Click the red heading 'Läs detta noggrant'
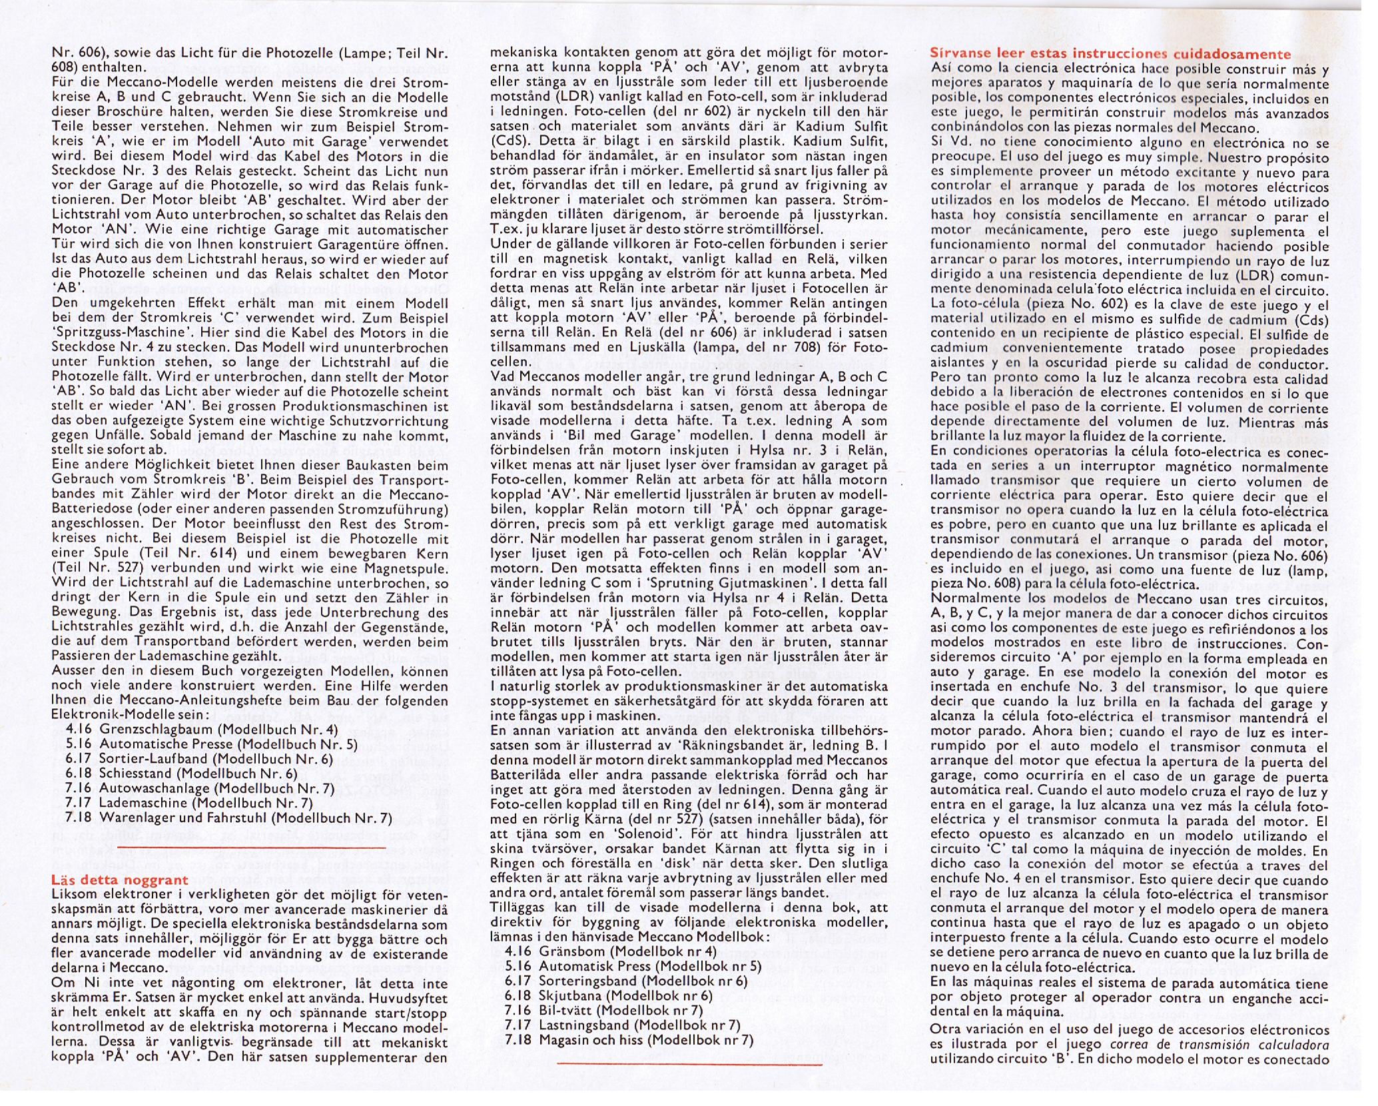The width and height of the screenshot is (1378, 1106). click(x=120, y=879)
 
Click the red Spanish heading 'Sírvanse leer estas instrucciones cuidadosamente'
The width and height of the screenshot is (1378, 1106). click(x=1110, y=54)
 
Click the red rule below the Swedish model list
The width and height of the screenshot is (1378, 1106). click(x=689, y=1064)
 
